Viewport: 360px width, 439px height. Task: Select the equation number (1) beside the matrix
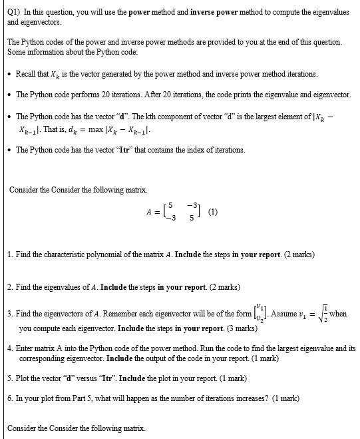[212, 213]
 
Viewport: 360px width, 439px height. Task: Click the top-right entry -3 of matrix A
[191, 206]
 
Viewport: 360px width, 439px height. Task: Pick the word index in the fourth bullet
[185, 150]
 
